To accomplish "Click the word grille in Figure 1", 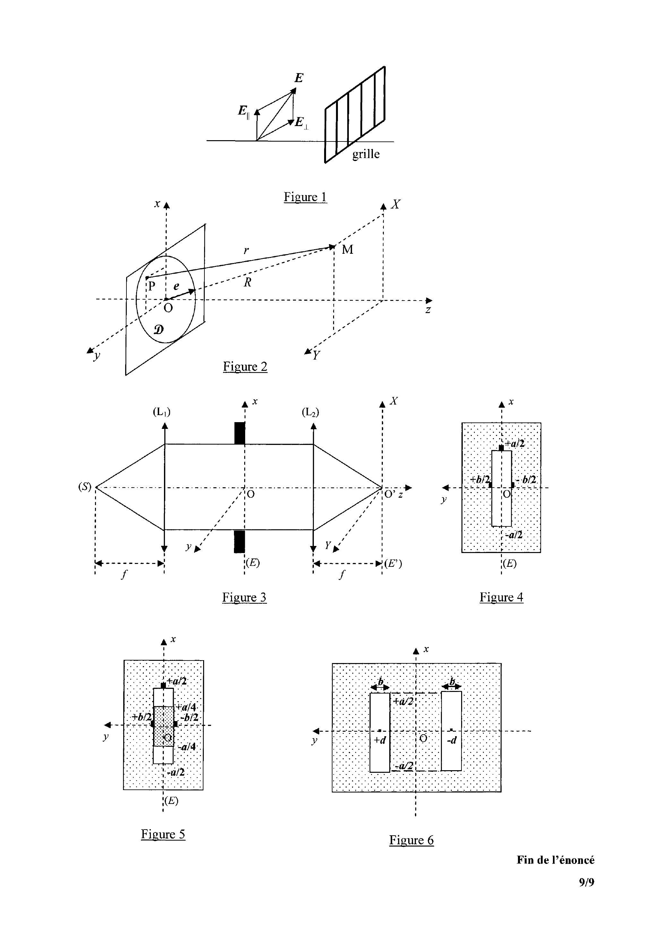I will tap(366, 154).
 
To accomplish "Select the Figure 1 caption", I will tap(306, 197).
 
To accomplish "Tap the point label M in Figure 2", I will tap(348, 249).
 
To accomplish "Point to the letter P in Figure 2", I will tap(151, 286).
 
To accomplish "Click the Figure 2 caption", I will tap(245, 366).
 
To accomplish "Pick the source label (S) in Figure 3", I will tap(85, 487).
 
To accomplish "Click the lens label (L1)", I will tap(162, 412).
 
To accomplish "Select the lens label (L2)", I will tap(310, 412).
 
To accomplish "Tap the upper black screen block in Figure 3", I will tap(240, 433).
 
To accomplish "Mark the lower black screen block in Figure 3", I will tap(240, 541).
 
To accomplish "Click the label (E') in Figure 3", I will tap(393, 564).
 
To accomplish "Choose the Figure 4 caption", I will tap(501, 597).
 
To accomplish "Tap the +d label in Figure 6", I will tap(380, 740).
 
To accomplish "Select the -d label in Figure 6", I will tap(451, 740).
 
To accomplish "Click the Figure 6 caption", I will tap(411, 840).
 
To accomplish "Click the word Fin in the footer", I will tap(525, 860).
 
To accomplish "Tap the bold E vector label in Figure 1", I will tap(299, 78).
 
